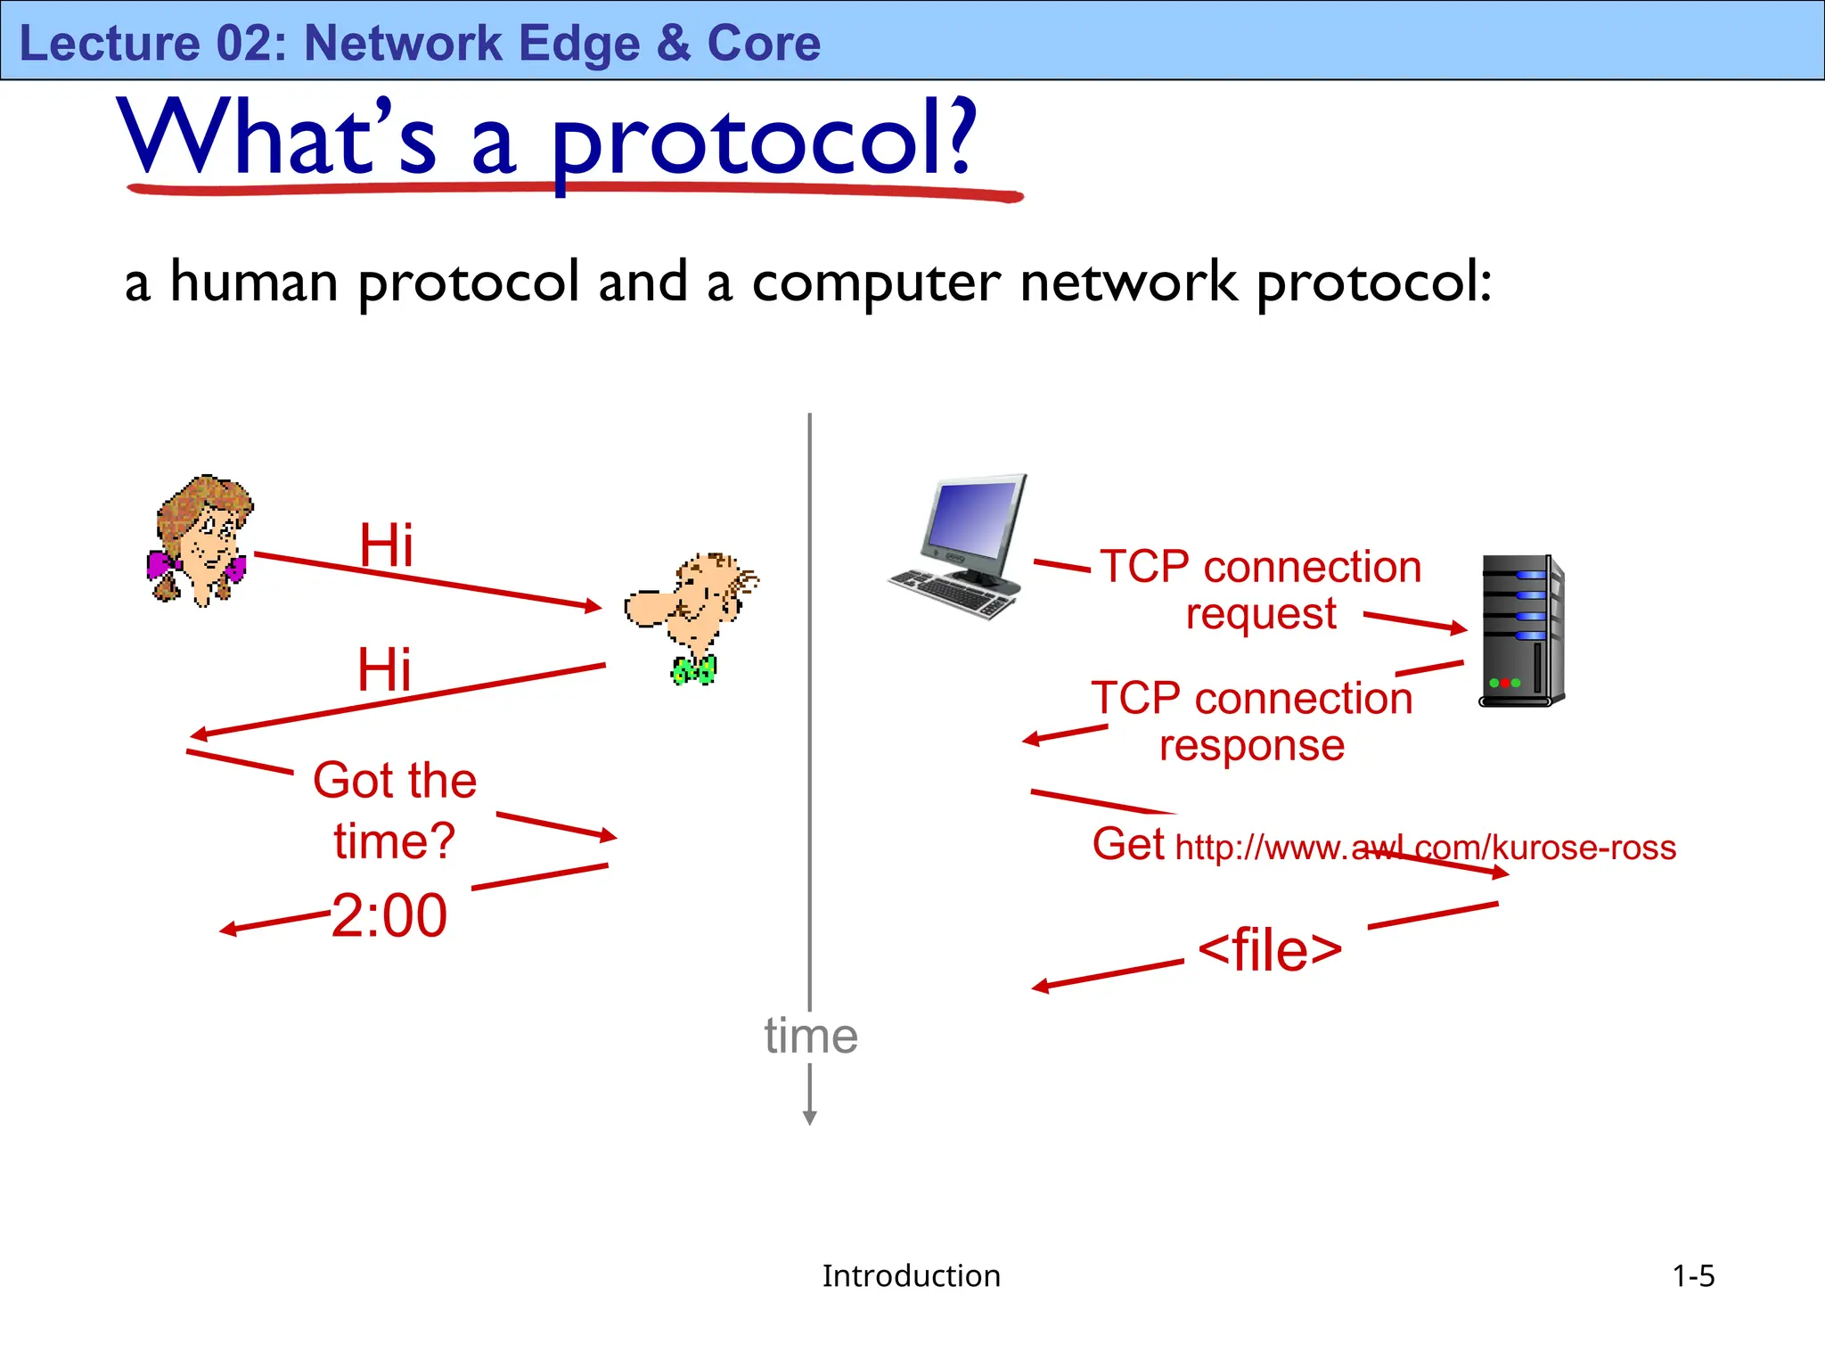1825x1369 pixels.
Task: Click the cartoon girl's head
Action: (203, 535)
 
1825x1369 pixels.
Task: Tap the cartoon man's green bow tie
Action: (693, 669)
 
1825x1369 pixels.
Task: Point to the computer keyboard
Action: (952, 593)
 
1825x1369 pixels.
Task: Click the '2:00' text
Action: (389, 916)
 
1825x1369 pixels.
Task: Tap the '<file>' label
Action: (1270, 950)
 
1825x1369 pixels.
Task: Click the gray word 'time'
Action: (810, 1036)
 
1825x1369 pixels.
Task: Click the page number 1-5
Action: (1693, 1276)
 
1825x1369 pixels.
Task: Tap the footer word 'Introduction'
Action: (911, 1276)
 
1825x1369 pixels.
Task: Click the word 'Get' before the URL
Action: (1128, 844)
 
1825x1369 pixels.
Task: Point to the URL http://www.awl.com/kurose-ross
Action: (1426, 848)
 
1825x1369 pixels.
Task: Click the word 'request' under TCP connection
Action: (1261, 614)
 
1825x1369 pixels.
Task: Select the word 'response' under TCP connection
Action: (1252, 745)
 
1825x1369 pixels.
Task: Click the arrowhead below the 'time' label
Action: (810, 1118)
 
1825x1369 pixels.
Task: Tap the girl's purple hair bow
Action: (160, 565)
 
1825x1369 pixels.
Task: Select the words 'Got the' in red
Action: (395, 781)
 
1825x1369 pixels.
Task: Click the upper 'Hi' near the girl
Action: (386, 545)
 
